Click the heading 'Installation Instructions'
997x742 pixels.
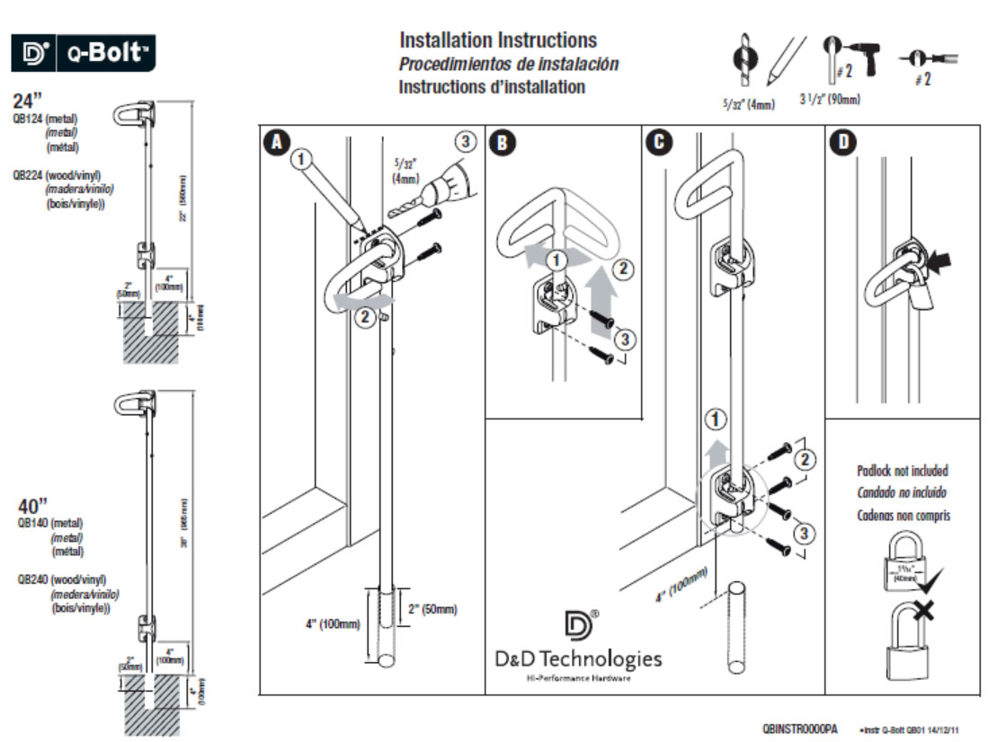tap(497, 40)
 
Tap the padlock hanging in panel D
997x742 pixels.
tap(919, 295)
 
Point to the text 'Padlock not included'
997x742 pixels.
tap(902, 471)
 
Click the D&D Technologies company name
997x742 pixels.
tap(577, 658)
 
